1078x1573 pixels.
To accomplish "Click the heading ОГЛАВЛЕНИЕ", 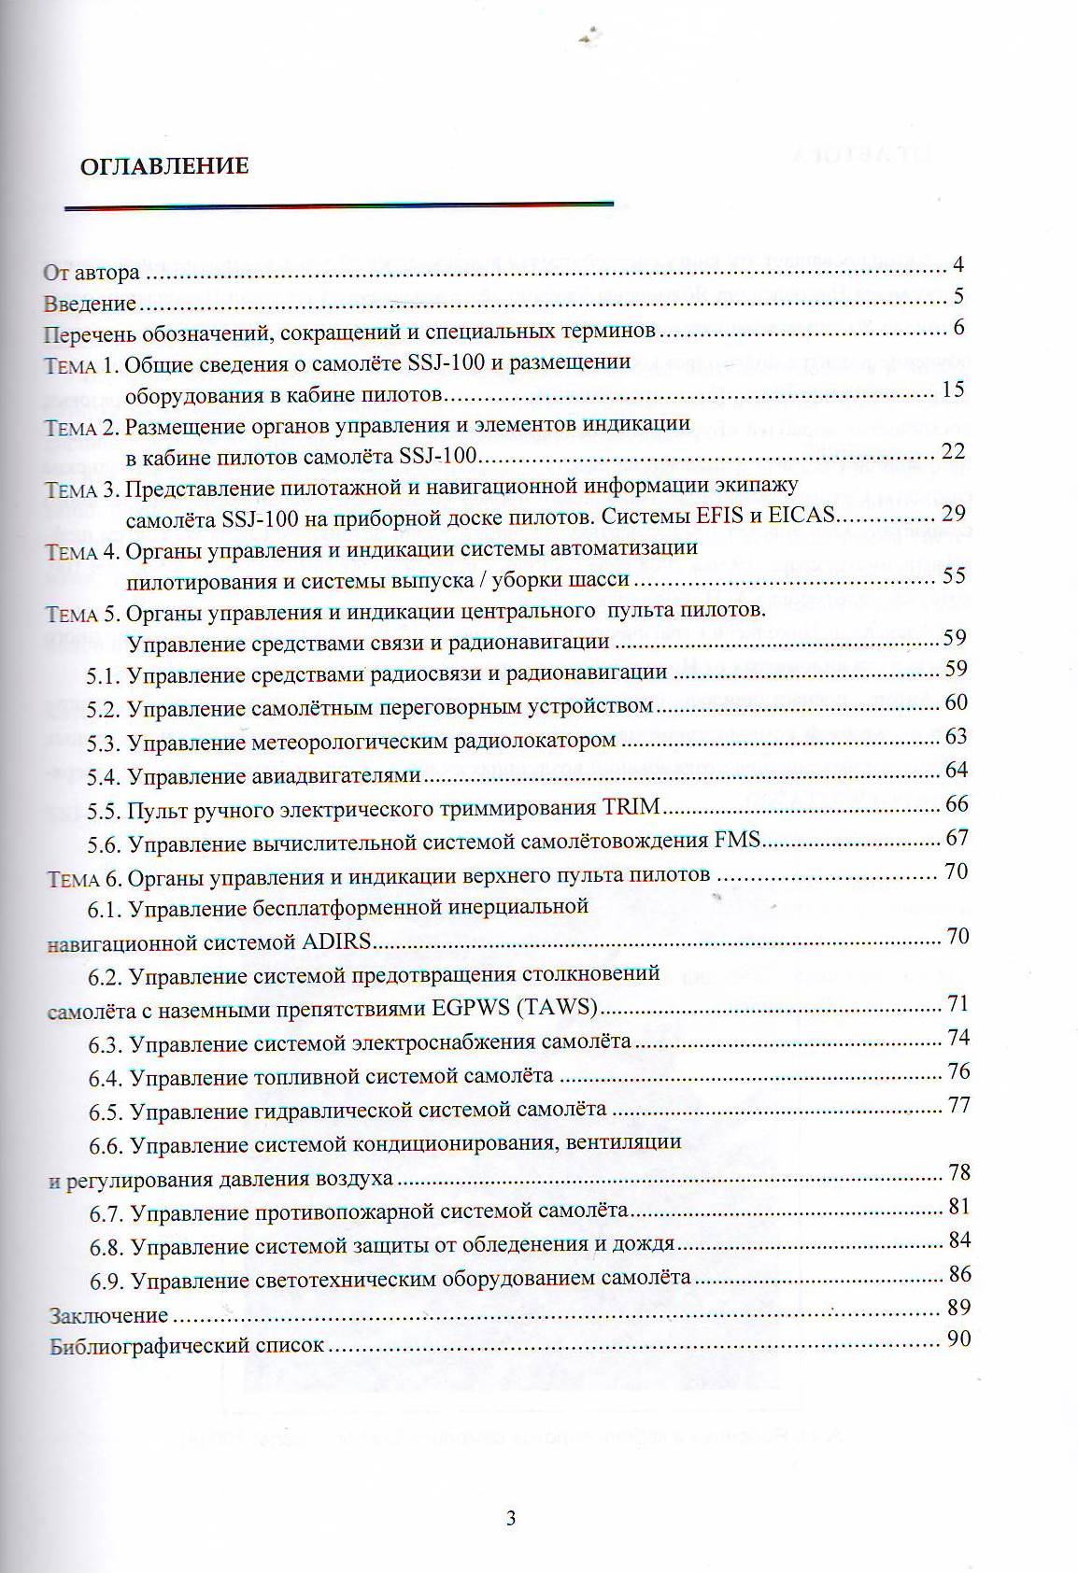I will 163,167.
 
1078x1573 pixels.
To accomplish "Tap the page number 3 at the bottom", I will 511,1518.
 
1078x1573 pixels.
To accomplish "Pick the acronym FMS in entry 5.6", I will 738,842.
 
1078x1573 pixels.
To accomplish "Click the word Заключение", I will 108,1316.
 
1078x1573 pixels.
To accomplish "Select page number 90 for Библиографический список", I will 958,1339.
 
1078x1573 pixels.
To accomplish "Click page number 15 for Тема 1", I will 953,389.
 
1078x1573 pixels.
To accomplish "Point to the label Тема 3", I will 83,490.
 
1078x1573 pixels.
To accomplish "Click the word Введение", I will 91,305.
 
